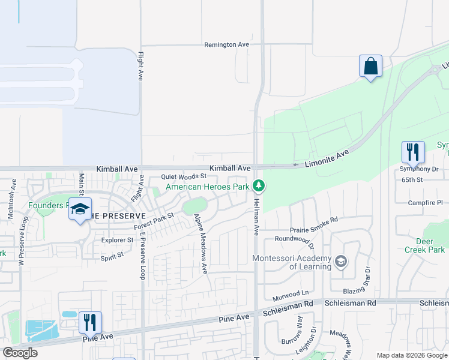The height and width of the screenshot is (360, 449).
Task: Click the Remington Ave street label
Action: tap(226, 45)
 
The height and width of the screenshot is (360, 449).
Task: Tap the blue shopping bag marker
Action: tap(370, 66)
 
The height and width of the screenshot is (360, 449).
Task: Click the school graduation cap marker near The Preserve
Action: tap(80, 209)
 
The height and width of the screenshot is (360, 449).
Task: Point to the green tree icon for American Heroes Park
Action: tap(259, 185)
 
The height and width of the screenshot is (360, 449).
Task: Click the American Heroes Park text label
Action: tap(207, 187)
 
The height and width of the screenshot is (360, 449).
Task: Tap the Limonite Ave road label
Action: tap(327, 158)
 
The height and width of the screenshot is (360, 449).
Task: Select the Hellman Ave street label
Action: tap(256, 217)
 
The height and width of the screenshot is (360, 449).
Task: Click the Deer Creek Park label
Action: tap(424, 245)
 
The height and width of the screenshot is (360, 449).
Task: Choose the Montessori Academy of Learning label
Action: tap(292, 262)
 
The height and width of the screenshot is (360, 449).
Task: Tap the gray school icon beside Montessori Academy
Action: tap(341, 261)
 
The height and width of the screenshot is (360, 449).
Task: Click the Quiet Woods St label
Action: tap(184, 177)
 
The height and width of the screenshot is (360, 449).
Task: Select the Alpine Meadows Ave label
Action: tap(199, 242)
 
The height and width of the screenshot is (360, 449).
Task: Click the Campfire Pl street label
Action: tap(424, 203)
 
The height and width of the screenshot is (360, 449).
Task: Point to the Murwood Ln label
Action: tap(290, 294)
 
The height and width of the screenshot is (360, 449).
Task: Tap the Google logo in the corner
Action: tap(20, 353)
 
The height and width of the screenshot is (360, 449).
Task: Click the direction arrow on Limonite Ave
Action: tap(295, 165)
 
